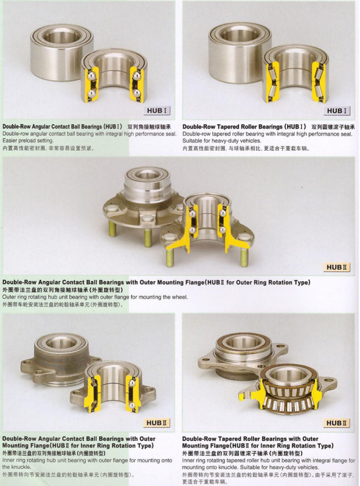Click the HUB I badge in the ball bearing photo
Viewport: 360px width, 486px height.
pyautogui.click(x=158, y=111)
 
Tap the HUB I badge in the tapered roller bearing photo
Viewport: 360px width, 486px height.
pyautogui.click(x=337, y=111)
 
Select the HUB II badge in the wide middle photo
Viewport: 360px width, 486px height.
pyautogui.click(x=337, y=267)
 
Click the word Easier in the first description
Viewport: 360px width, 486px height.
pyautogui.click(x=10, y=141)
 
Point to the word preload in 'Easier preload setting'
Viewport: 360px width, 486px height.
pyautogui.click(x=28, y=141)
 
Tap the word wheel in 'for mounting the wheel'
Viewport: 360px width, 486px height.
pyautogui.click(x=180, y=297)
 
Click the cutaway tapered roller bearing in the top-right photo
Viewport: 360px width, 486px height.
pyautogui.click(x=295, y=74)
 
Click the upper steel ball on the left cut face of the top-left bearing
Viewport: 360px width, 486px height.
pyautogui.click(x=91, y=76)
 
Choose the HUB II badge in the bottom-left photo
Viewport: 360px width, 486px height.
pyautogui.click(x=157, y=423)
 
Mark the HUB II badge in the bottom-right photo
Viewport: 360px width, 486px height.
pyautogui.click(x=337, y=423)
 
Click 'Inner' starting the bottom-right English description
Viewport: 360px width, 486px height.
pyautogui.click(x=188, y=461)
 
